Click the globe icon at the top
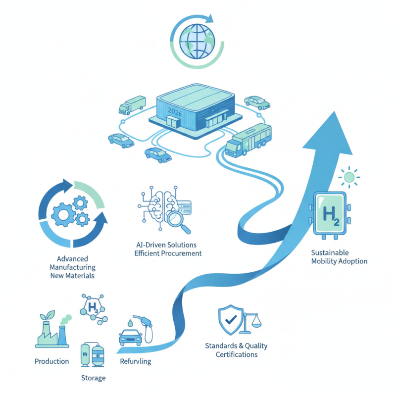point(197,41)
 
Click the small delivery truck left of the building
point(132,105)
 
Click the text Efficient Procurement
point(168,253)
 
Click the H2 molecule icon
point(93,309)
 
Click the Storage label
point(93,378)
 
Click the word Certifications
point(237,354)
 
